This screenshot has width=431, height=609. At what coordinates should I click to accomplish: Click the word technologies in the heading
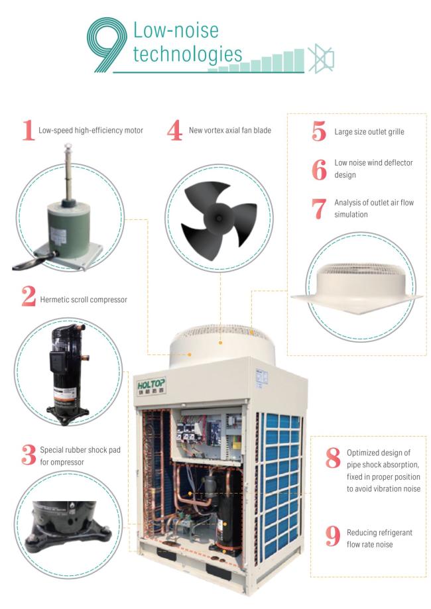click(x=188, y=55)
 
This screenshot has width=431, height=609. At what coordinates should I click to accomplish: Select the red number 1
click(x=28, y=130)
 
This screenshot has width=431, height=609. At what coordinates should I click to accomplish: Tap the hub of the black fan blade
click(x=218, y=217)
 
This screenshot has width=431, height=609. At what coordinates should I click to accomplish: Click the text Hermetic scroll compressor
click(x=84, y=300)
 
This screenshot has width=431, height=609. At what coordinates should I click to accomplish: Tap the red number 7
click(x=319, y=209)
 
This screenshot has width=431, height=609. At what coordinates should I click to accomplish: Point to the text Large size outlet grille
click(x=369, y=132)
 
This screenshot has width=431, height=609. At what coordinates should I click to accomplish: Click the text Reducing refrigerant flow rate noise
click(x=379, y=538)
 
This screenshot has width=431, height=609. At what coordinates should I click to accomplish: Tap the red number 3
click(x=29, y=455)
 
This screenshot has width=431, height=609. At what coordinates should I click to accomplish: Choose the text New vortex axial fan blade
click(x=230, y=131)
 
